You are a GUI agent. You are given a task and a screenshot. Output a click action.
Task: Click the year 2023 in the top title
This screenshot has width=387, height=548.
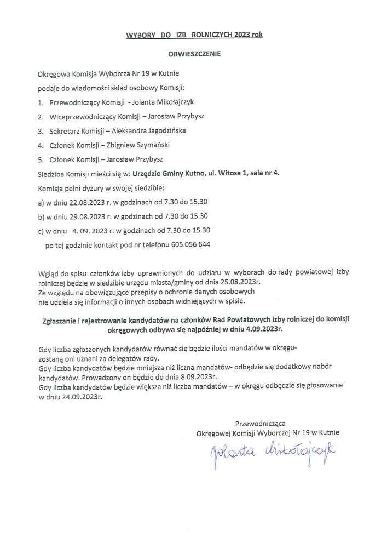click(242, 35)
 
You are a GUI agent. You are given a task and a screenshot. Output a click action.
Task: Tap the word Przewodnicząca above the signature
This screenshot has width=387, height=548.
click(260, 423)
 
